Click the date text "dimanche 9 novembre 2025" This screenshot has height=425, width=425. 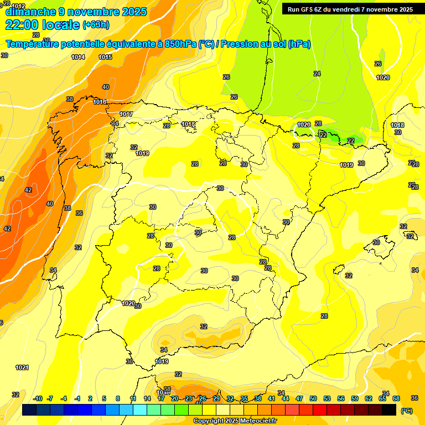click(x=76, y=12)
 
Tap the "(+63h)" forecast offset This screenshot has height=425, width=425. click(x=96, y=25)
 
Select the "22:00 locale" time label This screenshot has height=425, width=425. click(x=42, y=25)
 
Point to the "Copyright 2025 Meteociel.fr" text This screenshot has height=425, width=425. click(x=235, y=421)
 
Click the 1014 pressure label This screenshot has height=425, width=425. click(x=78, y=57)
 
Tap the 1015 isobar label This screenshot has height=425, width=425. click(x=105, y=57)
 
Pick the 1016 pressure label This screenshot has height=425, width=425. click(x=100, y=102)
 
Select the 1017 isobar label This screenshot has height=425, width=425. click(x=126, y=114)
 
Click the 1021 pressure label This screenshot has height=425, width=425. click(x=22, y=367)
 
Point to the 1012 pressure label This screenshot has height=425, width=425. click(x=18, y=6)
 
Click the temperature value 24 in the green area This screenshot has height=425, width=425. click(x=317, y=74)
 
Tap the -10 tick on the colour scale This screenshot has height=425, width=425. click(x=38, y=399)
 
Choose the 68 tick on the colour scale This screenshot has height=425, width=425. click(x=396, y=399)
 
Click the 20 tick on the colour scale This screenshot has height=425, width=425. click(x=174, y=399)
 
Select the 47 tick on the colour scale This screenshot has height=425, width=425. click(x=299, y=399)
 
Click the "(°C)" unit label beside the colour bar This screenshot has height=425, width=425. click(x=407, y=411)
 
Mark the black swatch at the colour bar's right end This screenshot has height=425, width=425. click(x=389, y=410)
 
